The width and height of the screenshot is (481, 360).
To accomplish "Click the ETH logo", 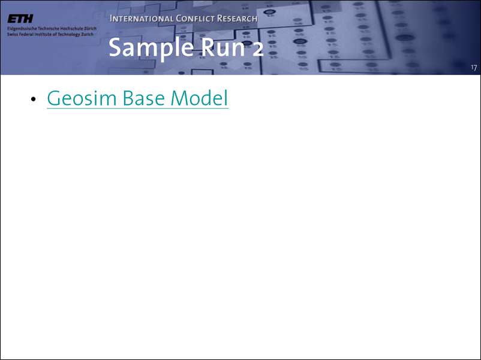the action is point(20,19).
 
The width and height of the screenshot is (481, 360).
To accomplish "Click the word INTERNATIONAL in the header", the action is point(142,19).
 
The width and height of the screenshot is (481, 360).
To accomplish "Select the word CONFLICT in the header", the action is point(195,19).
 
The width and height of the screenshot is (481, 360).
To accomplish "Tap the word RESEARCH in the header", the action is point(237,19).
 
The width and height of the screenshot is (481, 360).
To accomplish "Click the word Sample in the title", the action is point(151,48).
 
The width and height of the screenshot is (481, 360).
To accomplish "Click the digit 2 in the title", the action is point(258,49).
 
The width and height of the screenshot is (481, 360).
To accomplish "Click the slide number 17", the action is point(474,68).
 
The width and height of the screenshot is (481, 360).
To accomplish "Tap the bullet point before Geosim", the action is point(34,99).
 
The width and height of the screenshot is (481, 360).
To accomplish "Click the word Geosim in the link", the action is point(82,98).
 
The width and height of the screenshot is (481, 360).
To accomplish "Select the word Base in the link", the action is point(143,98).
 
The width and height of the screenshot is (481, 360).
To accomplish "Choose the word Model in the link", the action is point(199,98).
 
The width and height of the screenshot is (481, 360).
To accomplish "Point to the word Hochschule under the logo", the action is point(70,29).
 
